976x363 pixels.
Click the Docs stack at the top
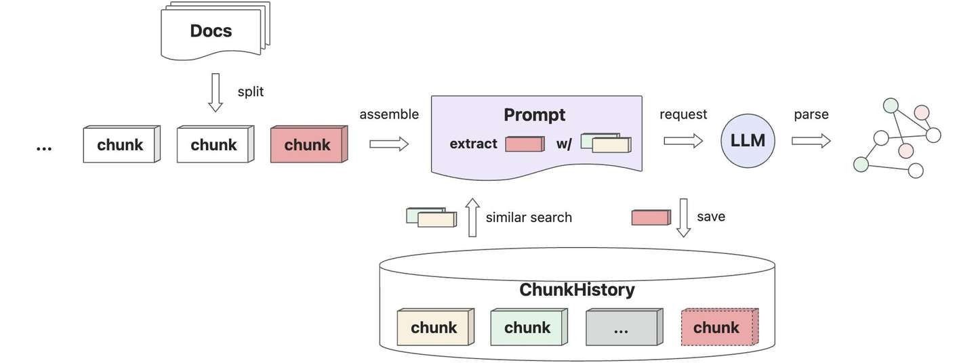216,30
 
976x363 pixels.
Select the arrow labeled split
216,92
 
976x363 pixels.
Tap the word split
251,92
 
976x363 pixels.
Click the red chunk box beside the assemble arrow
309,144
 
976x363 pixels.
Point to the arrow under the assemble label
389,144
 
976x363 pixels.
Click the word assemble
389,114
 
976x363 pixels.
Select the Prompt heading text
534,115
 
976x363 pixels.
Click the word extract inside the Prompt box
473,144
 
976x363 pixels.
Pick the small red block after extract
525,144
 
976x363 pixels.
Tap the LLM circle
748,141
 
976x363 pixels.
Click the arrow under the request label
683,141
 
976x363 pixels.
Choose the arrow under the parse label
811,141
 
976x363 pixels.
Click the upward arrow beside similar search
472,217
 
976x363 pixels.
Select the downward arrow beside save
683,217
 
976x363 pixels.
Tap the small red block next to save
651,217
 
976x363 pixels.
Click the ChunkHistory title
577,290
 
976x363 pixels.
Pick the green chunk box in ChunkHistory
529,327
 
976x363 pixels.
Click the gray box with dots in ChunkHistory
624,327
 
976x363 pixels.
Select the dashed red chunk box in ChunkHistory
720,327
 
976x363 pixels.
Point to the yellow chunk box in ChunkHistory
435,327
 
